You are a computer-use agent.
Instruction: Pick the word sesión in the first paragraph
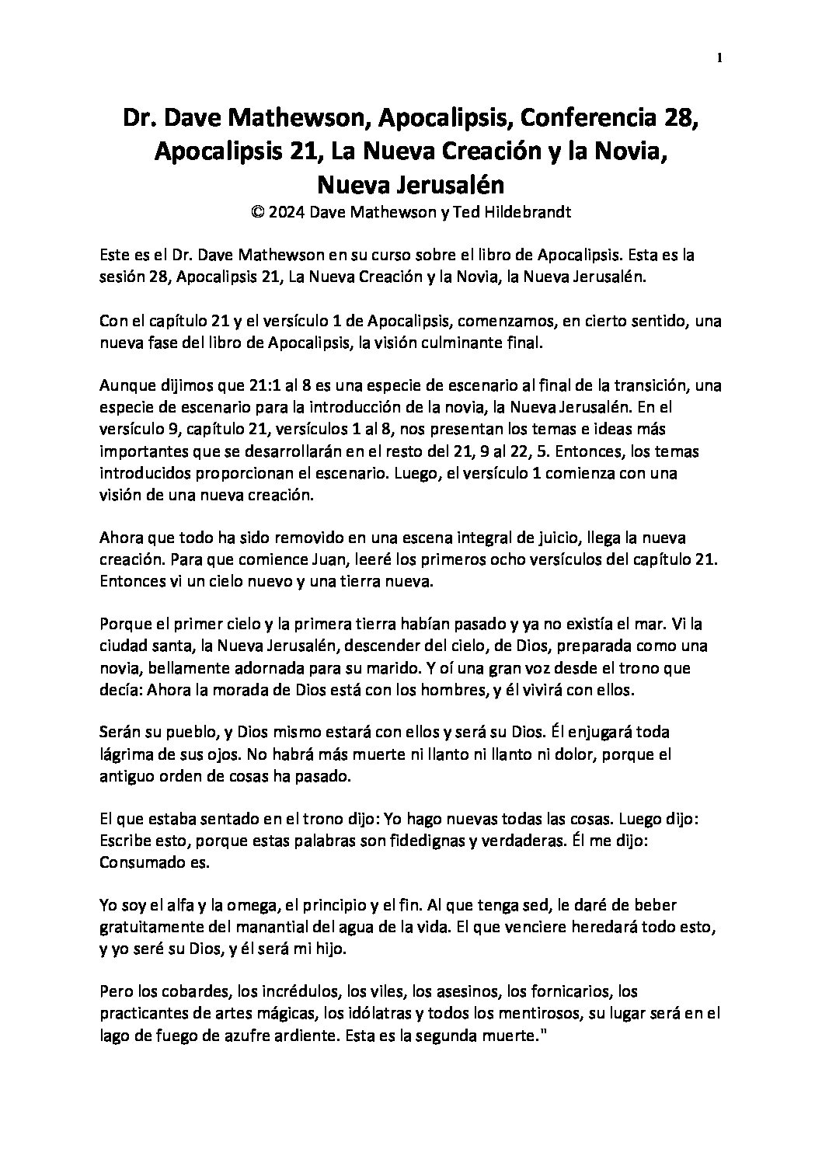tap(122, 277)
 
